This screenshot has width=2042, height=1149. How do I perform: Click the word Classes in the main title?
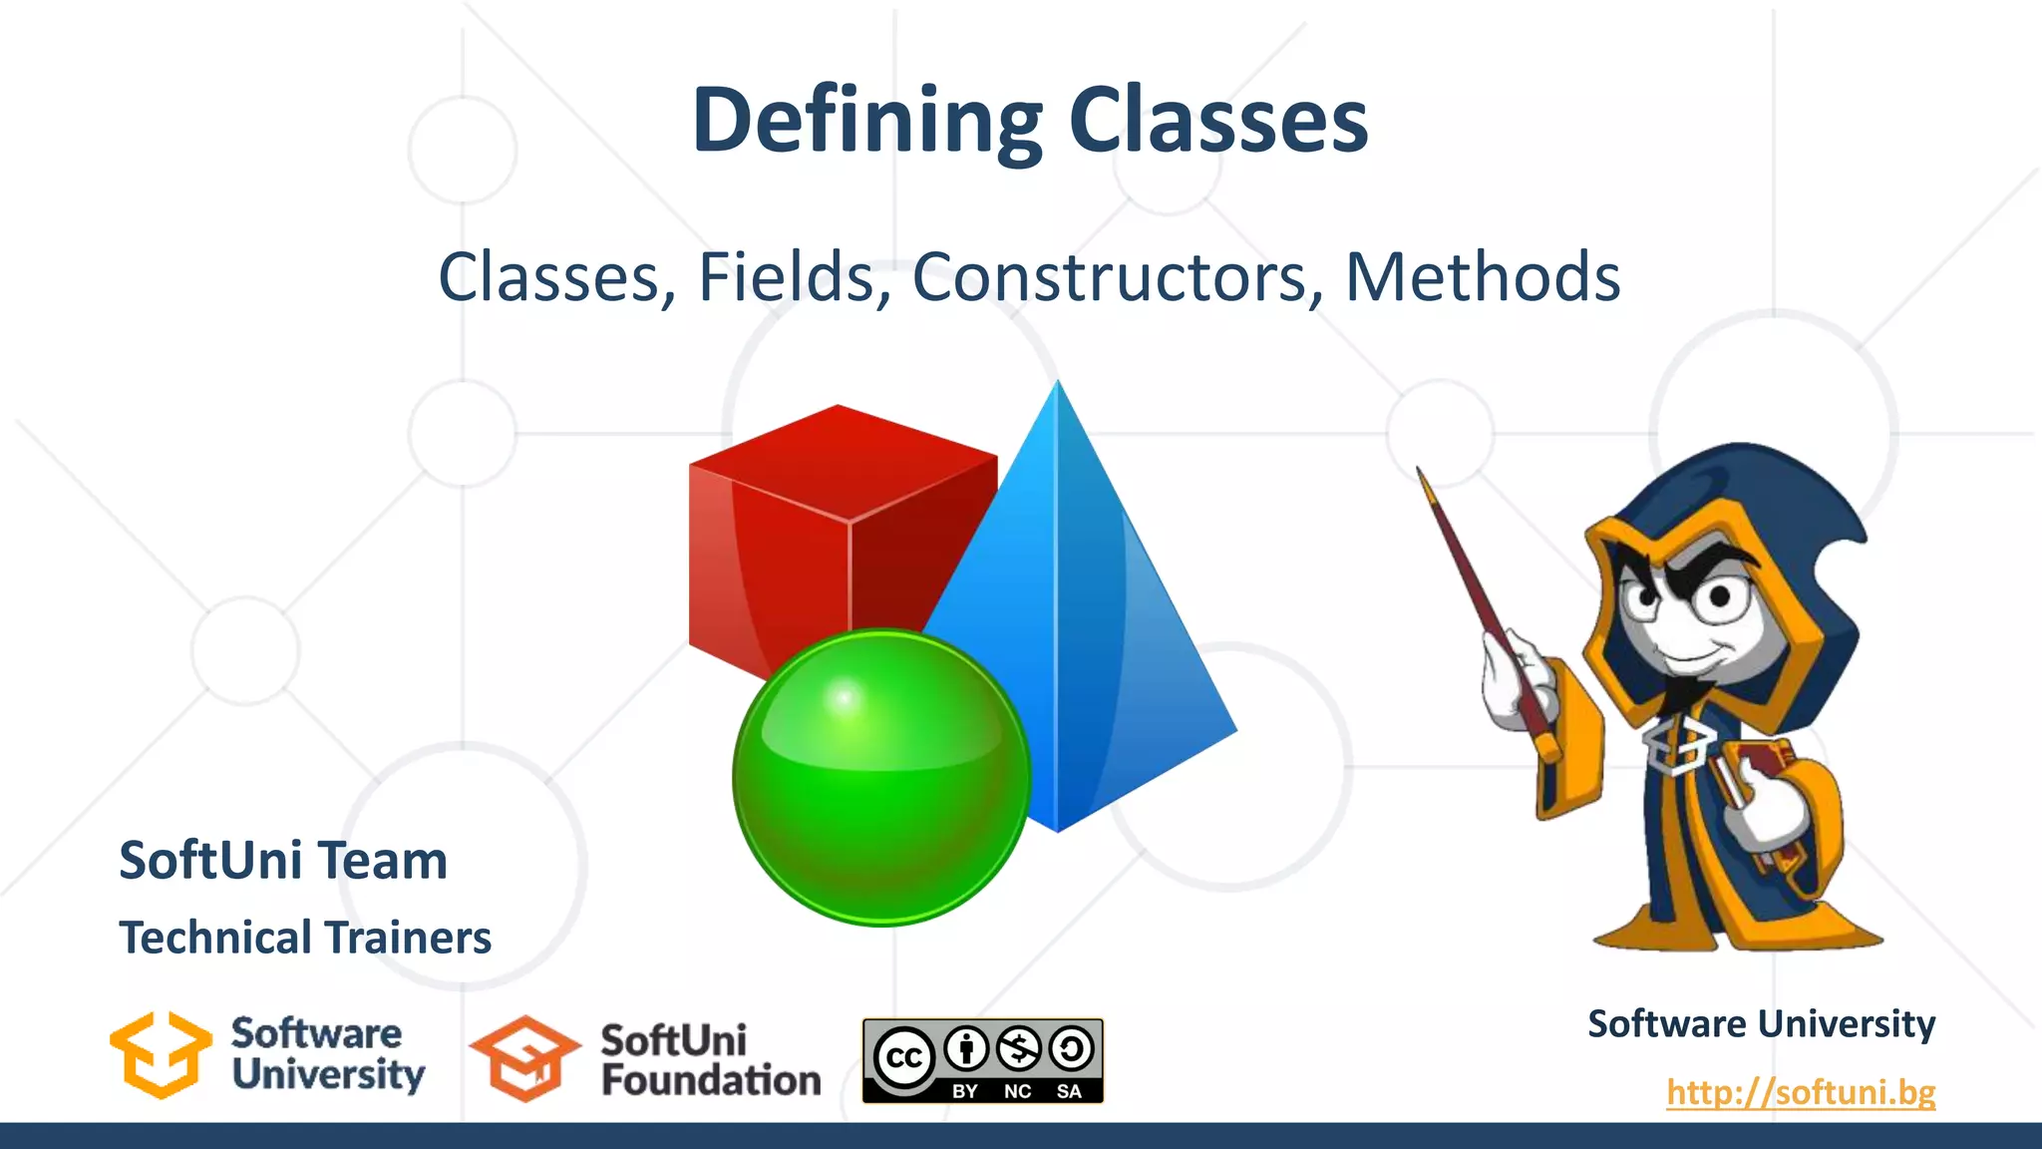(x=1218, y=122)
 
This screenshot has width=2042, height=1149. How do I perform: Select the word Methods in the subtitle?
(x=1483, y=277)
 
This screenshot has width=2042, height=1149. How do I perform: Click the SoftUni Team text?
(x=283, y=861)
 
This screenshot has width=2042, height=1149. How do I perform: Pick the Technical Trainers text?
(x=305, y=938)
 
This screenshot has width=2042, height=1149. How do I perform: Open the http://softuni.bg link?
(x=1801, y=1092)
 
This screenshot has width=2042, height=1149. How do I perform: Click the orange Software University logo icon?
(x=161, y=1055)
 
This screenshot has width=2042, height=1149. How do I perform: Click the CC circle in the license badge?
(x=903, y=1058)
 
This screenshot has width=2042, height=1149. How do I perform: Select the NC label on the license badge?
(x=1017, y=1091)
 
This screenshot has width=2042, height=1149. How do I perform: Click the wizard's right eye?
(x=1720, y=596)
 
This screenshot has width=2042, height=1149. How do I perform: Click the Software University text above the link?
(x=1761, y=1024)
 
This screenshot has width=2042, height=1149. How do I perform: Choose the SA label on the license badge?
(x=1069, y=1091)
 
